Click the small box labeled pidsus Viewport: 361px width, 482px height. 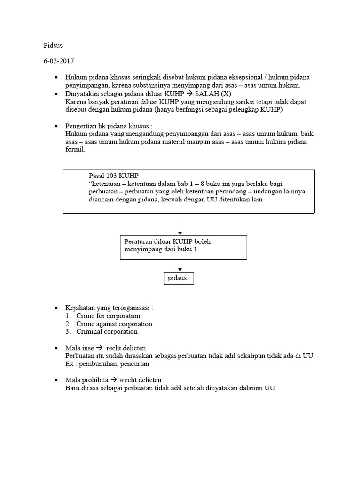177,278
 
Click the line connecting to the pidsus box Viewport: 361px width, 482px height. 180,265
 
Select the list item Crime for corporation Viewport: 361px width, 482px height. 108,316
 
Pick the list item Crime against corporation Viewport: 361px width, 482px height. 114,324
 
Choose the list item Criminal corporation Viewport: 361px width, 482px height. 107,332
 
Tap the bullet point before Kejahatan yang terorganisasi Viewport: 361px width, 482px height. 56,308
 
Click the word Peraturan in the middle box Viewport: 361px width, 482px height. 138,241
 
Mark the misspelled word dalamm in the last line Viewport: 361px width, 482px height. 256,388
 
